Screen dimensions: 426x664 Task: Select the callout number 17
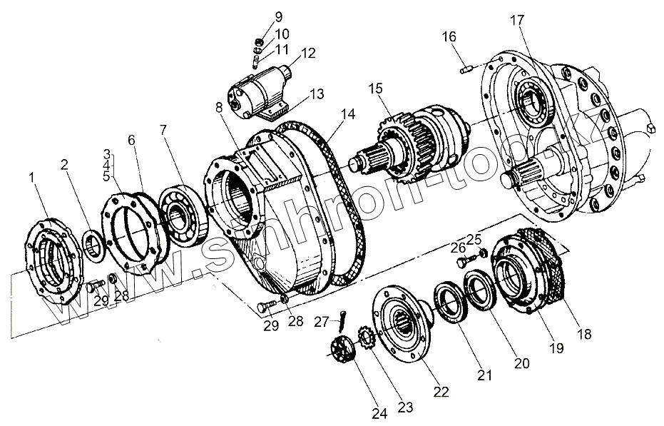click(x=516, y=19)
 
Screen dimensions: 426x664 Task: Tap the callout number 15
click(x=375, y=88)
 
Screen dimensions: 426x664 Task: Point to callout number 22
click(x=441, y=390)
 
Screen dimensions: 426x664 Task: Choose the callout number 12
click(x=308, y=54)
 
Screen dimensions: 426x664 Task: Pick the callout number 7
click(x=164, y=129)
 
